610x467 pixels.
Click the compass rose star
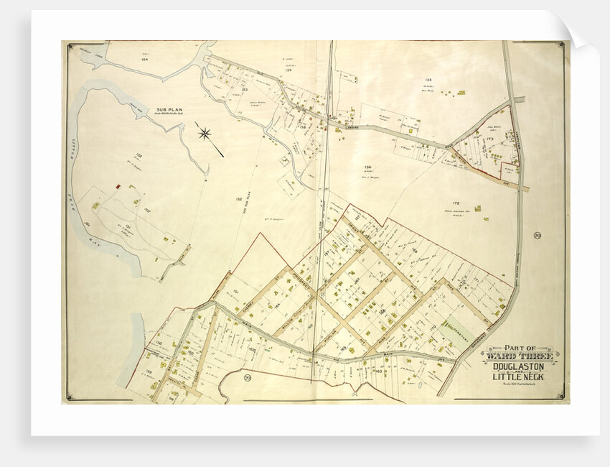[x=206, y=133]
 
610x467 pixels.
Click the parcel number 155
[x=428, y=80]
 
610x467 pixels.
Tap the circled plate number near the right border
[x=537, y=235]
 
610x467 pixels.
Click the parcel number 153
[x=244, y=89]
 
